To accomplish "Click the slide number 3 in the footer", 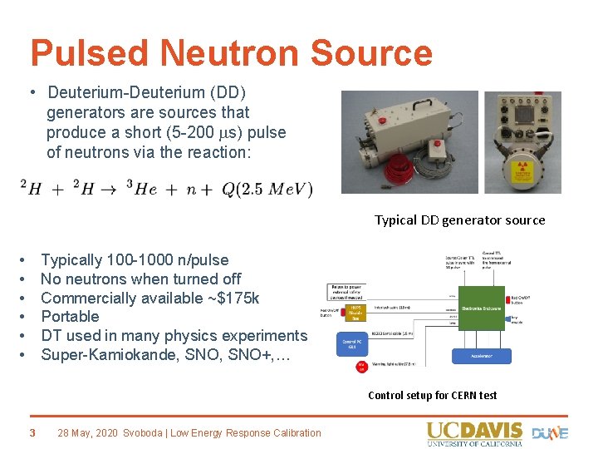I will [32, 432].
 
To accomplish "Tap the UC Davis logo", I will [475, 434].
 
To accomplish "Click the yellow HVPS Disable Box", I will [355, 312].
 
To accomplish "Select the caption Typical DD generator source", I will [459, 220].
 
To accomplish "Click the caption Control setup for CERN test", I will [432, 395].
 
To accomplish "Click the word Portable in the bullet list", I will [70, 317].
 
